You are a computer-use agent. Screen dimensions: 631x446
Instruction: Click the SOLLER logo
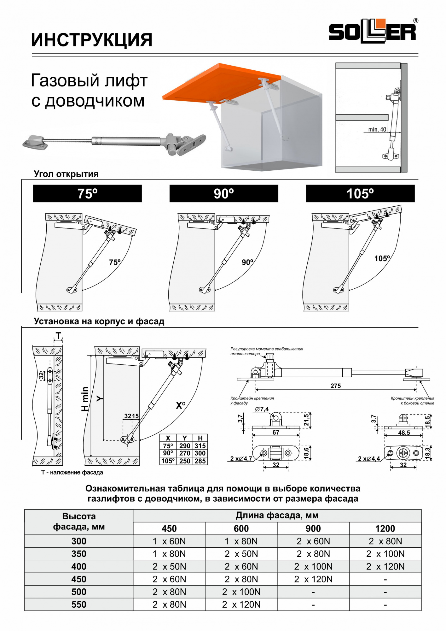(373, 32)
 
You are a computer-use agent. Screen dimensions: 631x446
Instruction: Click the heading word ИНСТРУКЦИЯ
(92, 40)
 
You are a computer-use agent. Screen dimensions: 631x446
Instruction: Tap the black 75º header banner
(87, 193)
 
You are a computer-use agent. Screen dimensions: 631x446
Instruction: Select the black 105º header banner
(360, 193)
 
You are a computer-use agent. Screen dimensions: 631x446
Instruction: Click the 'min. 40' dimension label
(377, 129)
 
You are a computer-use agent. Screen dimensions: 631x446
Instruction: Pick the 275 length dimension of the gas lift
(336, 386)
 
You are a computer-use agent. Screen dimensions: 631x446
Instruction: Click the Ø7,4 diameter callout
(262, 409)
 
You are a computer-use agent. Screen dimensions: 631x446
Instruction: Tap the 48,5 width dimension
(404, 433)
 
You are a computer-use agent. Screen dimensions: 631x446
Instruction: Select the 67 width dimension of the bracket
(276, 432)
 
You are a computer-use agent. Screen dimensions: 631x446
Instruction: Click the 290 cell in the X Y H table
(185, 446)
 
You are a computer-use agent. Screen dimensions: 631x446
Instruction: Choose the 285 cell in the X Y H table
(200, 461)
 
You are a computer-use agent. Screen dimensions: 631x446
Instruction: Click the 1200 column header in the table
(385, 528)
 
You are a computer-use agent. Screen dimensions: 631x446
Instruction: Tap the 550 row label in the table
(79, 604)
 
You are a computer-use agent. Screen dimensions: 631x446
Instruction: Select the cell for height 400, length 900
(313, 567)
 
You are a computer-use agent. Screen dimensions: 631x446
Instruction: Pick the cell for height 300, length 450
(169, 541)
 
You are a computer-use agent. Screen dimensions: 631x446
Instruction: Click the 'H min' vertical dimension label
(85, 399)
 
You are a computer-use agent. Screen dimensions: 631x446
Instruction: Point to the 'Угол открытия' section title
(66, 174)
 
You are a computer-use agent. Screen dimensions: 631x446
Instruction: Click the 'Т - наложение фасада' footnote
(72, 472)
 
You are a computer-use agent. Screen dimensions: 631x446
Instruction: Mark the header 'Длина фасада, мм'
(277, 516)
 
